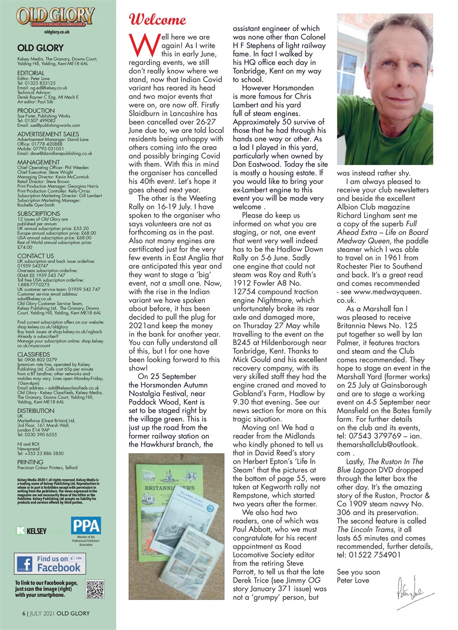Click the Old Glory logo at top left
pos(56,17)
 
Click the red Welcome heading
pos(157,20)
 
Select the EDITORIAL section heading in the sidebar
pos(31,73)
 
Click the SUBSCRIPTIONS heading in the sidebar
pos(38,214)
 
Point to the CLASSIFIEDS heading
pos(33,354)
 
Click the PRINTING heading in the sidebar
pos(30,462)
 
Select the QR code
pos(95,590)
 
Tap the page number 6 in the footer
pos(23,614)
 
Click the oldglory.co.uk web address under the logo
pos(56,31)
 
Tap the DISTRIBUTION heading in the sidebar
pos(36,410)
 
